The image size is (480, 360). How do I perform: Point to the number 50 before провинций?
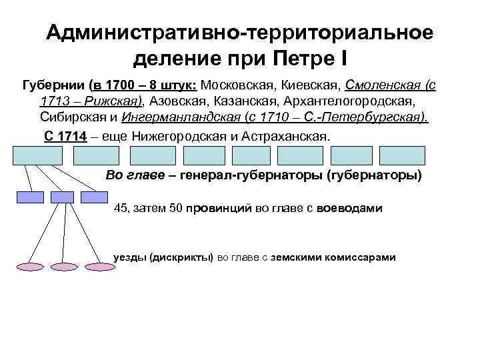point(177,209)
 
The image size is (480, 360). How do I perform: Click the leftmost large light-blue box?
point(37,155)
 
